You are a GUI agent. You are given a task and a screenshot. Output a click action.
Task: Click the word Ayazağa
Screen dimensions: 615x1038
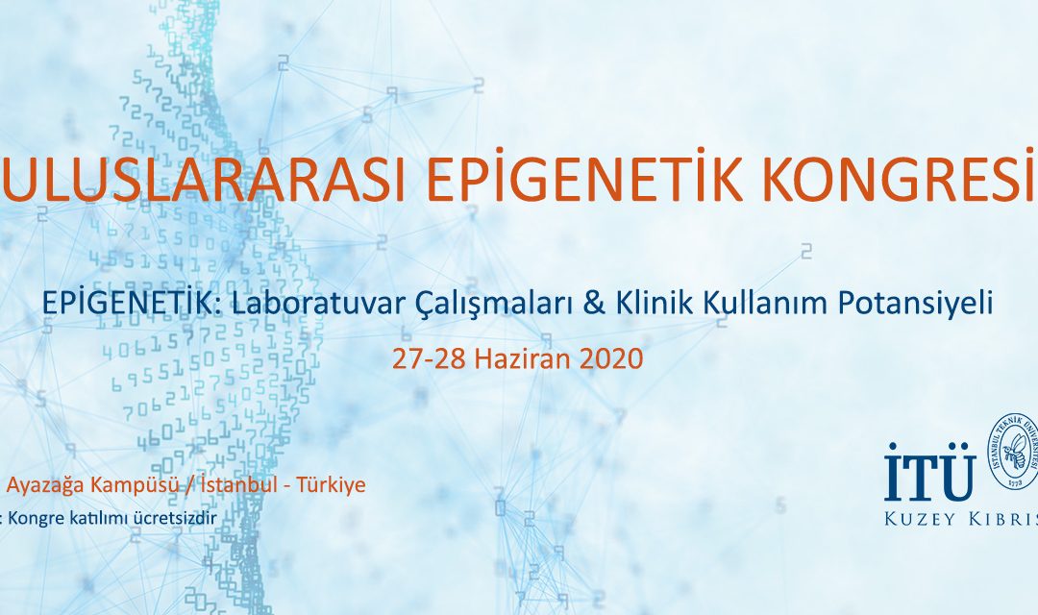[x=44, y=485]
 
